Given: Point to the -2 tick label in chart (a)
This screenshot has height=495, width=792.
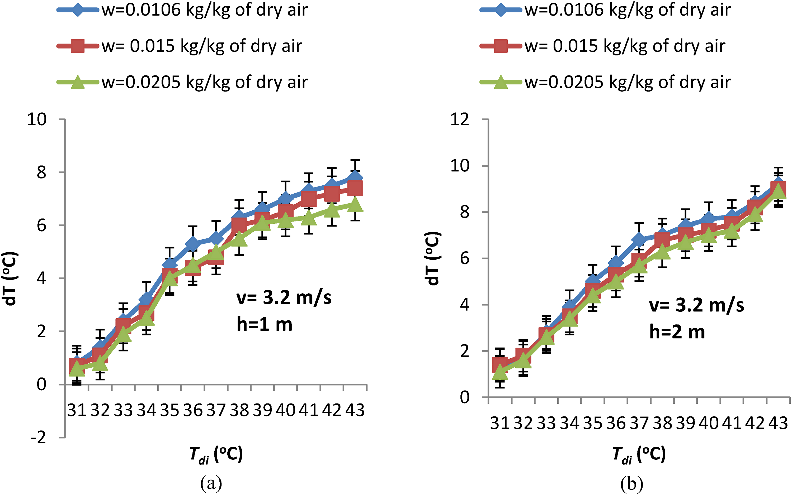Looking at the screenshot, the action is pyautogui.click(x=39, y=438).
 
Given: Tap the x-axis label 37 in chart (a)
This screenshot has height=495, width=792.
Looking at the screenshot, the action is pyautogui.click(x=216, y=410).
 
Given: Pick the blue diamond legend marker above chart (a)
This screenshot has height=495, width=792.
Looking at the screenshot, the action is pyautogui.click(x=77, y=10).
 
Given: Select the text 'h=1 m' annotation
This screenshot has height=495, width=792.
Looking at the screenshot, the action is pyautogui.click(x=265, y=324).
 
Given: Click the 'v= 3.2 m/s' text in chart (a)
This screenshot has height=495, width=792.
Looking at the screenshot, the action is pyautogui.click(x=284, y=297).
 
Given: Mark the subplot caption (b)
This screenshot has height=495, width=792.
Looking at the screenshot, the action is pyautogui.click(x=631, y=483).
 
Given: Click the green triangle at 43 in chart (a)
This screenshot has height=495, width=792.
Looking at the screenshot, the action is pyautogui.click(x=355, y=205).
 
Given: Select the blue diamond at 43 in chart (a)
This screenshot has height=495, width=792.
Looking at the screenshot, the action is pyautogui.click(x=355, y=178).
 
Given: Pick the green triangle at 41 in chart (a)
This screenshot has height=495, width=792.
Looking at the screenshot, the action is pyautogui.click(x=309, y=218).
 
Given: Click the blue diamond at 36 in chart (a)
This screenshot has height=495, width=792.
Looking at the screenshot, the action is pyautogui.click(x=193, y=244).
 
